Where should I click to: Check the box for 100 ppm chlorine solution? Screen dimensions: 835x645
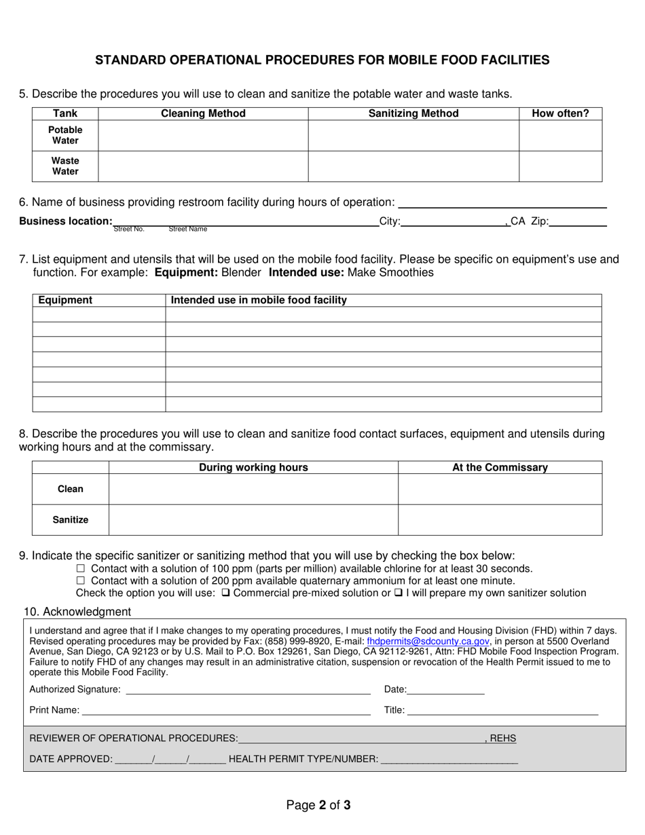[x=81, y=568]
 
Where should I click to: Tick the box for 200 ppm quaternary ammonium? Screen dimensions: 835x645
[x=81, y=580]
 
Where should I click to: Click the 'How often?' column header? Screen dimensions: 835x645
[x=560, y=113]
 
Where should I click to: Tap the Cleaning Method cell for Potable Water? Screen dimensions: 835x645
[x=203, y=136]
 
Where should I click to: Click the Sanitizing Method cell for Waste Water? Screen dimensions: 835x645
[x=413, y=166]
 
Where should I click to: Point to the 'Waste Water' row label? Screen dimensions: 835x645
[x=65, y=166]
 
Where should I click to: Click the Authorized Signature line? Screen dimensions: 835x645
[x=248, y=690]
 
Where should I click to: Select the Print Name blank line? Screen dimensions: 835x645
[x=226, y=711]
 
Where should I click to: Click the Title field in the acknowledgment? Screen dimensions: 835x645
[x=502, y=711]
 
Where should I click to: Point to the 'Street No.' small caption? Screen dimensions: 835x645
[x=129, y=229]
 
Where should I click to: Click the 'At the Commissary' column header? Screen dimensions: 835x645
[x=500, y=467]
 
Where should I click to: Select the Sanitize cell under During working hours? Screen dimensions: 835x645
[x=253, y=520]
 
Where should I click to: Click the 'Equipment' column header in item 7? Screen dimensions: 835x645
[x=65, y=300]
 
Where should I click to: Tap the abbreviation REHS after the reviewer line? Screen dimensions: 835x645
[x=502, y=739]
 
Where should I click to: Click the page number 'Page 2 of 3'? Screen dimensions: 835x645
[x=318, y=806]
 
